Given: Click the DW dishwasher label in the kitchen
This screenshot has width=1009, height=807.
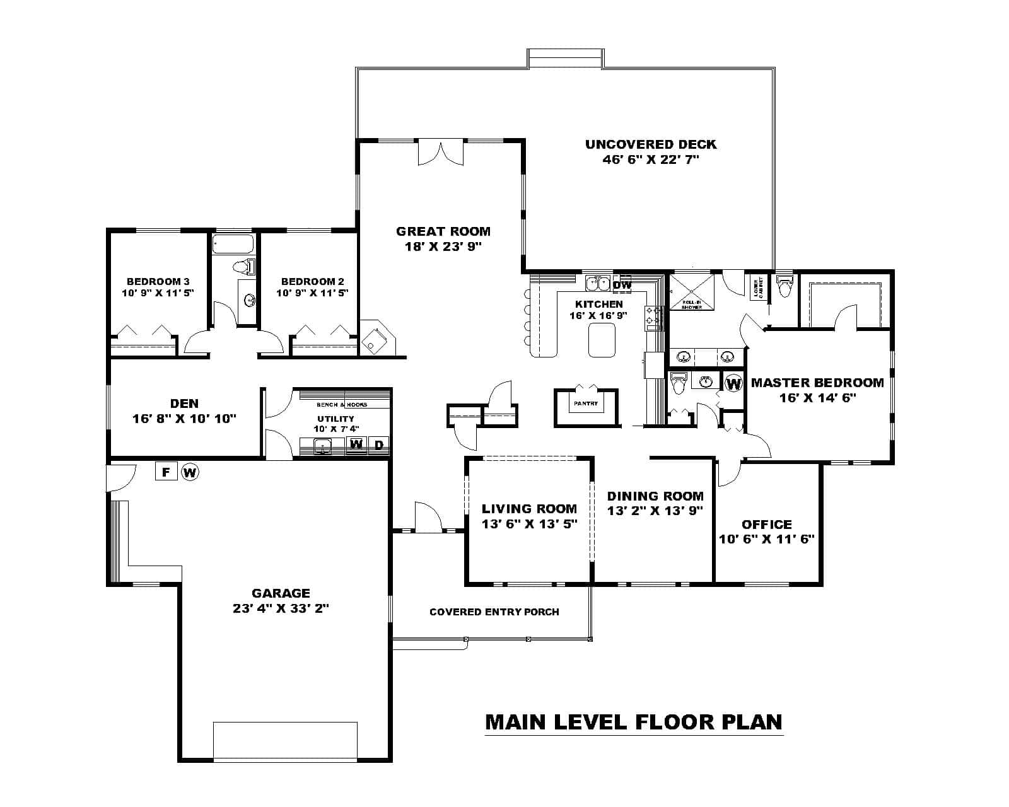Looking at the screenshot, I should [x=622, y=285].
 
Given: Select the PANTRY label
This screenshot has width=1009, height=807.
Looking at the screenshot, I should [x=586, y=403].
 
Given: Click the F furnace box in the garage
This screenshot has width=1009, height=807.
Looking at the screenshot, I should [x=166, y=471].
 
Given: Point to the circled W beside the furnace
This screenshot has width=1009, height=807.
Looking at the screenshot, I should [x=190, y=471].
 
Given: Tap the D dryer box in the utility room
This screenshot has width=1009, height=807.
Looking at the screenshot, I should [x=379, y=444].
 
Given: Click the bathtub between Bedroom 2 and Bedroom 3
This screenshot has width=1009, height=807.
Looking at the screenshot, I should [x=233, y=244].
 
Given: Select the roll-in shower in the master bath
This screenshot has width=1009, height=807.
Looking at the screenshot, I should [x=692, y=292].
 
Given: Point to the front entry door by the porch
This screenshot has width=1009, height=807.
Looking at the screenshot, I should [x=428, y=517].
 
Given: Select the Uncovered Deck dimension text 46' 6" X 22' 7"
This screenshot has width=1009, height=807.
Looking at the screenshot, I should [x=651, y=160].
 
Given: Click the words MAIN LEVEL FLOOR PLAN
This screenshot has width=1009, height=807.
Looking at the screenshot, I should [x=634, y=721].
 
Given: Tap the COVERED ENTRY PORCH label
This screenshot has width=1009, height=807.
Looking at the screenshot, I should [x=494, y=612].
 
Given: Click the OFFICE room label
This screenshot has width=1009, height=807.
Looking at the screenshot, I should [x=766, y=524].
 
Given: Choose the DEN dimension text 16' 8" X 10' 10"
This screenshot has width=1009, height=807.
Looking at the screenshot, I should [x=184, y=418].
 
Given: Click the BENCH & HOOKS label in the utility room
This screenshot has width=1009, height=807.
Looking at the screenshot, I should [x=342, y=405].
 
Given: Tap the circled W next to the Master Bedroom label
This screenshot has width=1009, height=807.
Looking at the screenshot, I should [x=733, y=383].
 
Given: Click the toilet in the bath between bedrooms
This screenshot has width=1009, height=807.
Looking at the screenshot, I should [x=243, y=267].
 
